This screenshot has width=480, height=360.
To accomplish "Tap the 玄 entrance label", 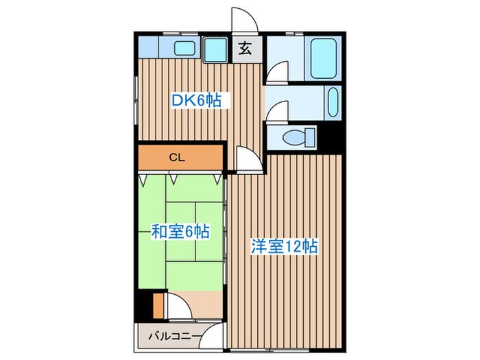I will tap(245, 49).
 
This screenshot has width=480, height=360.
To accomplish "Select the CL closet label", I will tap(178, 157).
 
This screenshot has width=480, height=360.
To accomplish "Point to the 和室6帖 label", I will tap(180, 232).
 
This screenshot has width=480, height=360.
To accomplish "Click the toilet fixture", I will tap(296, 137).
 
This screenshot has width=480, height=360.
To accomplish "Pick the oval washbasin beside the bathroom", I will tap(333, 104).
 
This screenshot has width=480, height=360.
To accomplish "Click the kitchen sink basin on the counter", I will tap(183, 49).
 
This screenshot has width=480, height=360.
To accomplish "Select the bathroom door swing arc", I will tap(277, 72).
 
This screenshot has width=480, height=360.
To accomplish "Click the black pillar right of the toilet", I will tap(332, 138).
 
